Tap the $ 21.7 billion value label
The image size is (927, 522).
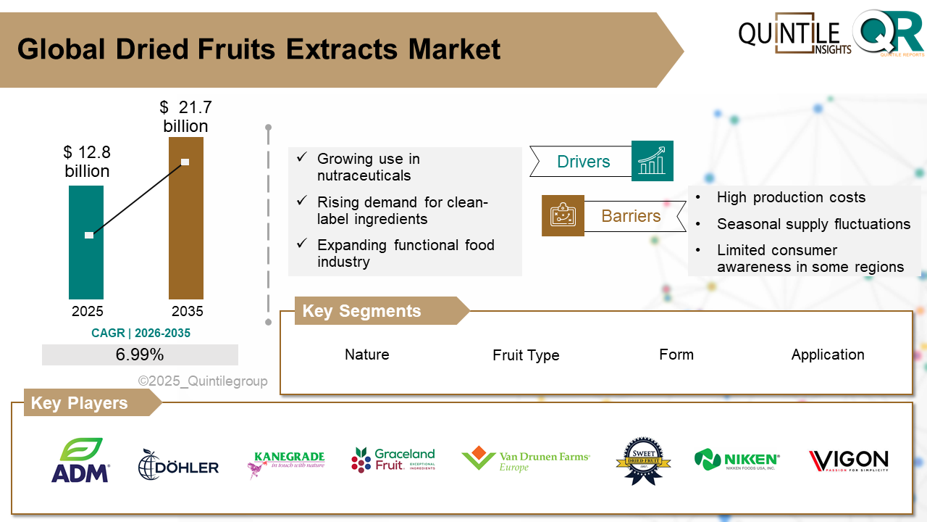185,117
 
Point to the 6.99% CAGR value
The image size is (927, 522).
140,355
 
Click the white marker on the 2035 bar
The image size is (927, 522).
185,162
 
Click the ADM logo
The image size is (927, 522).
80,460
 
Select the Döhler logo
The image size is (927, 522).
178,465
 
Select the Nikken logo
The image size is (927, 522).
737,460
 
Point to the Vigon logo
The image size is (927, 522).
848,460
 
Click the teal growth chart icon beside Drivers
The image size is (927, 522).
652,161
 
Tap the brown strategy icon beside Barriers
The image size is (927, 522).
563,215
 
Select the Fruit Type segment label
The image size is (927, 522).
526,355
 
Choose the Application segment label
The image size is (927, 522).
828,355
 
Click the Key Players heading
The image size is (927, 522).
79,403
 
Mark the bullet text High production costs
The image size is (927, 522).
791,197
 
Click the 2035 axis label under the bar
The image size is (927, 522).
187,312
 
